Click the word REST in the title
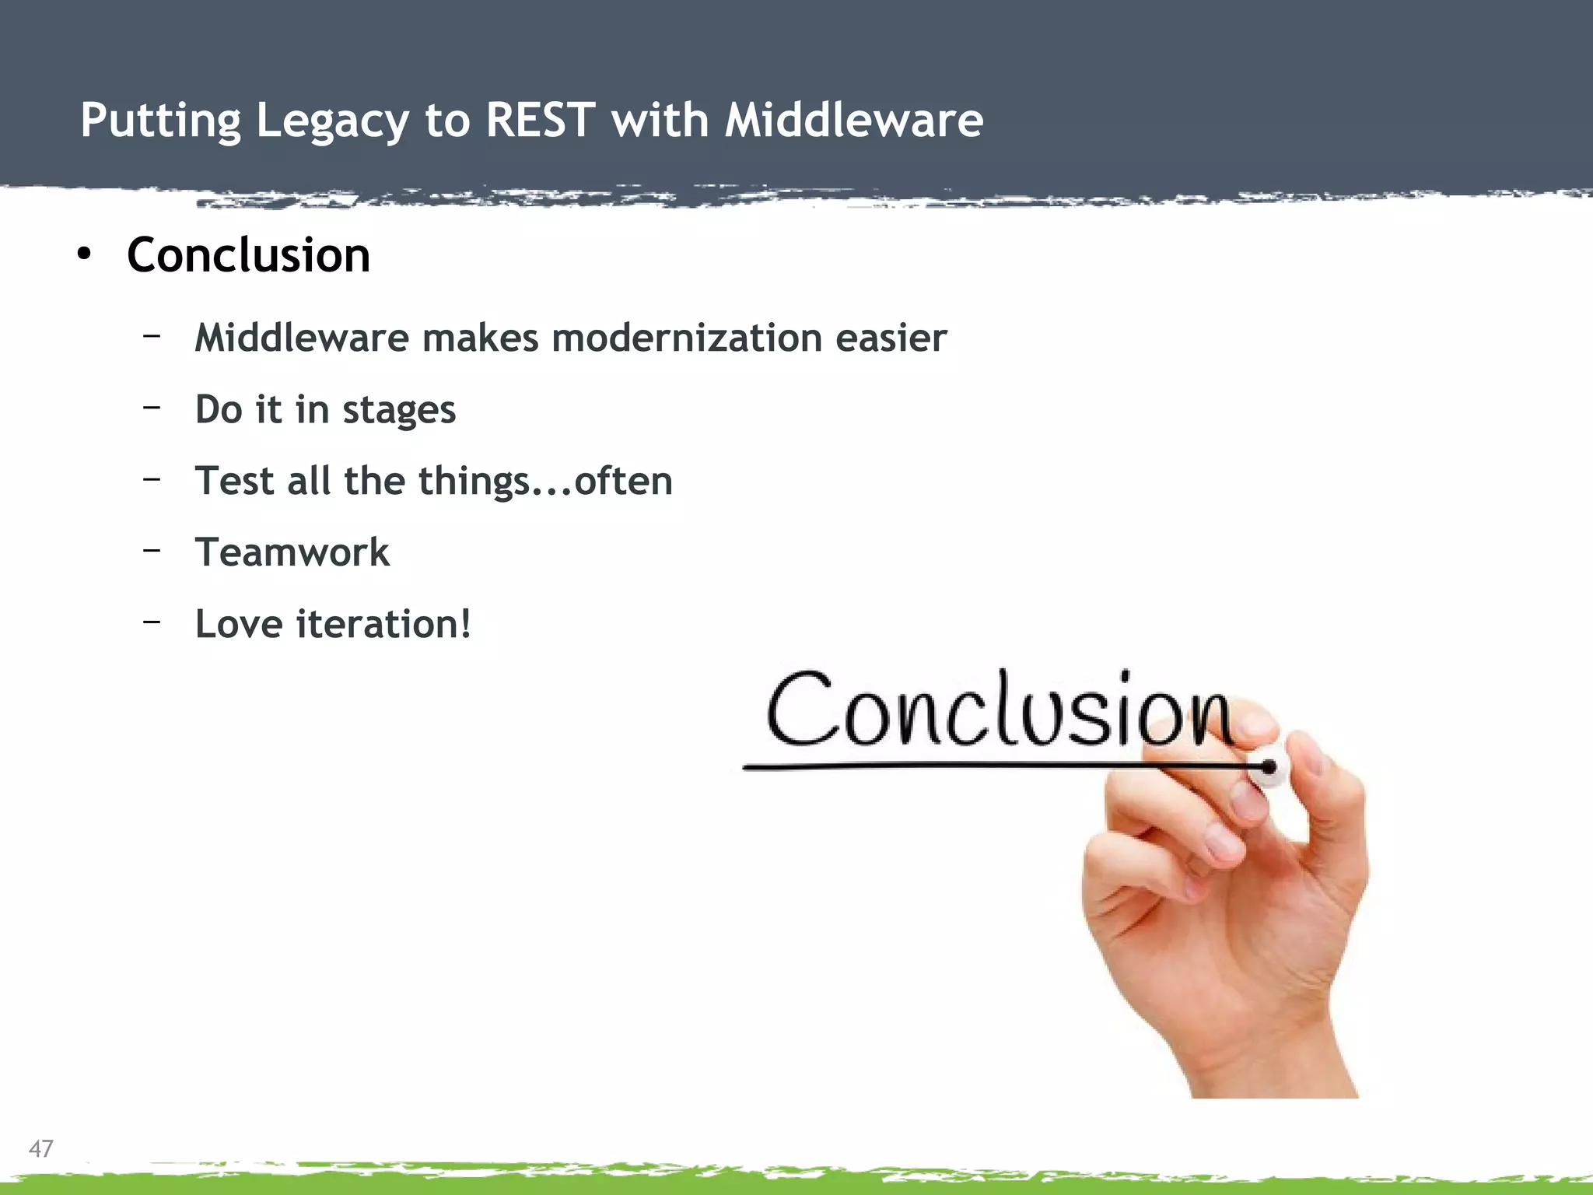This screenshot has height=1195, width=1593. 541,121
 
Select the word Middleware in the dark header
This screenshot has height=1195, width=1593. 854,121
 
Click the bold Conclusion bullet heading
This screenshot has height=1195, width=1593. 248,255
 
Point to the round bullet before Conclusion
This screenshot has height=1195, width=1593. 84,254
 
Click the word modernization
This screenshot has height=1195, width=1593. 687,338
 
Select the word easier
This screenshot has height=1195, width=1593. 891,338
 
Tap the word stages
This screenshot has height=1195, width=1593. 399,411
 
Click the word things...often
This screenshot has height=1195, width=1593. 545,482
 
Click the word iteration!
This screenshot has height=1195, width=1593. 383,625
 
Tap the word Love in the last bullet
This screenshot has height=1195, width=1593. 239,625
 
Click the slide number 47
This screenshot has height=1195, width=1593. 41,1148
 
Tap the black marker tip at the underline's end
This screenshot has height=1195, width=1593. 1269,768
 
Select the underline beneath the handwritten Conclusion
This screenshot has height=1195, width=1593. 933,767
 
